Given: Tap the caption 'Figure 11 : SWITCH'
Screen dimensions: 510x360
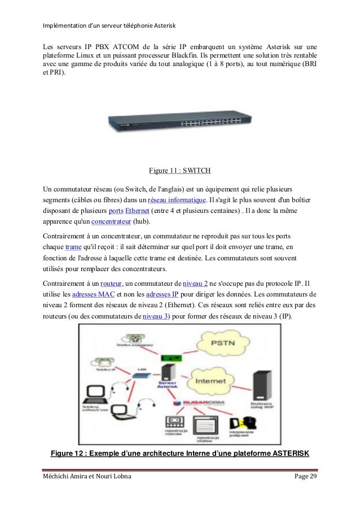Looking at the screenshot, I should click(x=179, y=170).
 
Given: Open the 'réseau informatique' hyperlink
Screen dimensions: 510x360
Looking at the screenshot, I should click(x=176, y=200).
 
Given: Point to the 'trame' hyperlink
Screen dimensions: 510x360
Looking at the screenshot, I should click(x=74, y=248).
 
